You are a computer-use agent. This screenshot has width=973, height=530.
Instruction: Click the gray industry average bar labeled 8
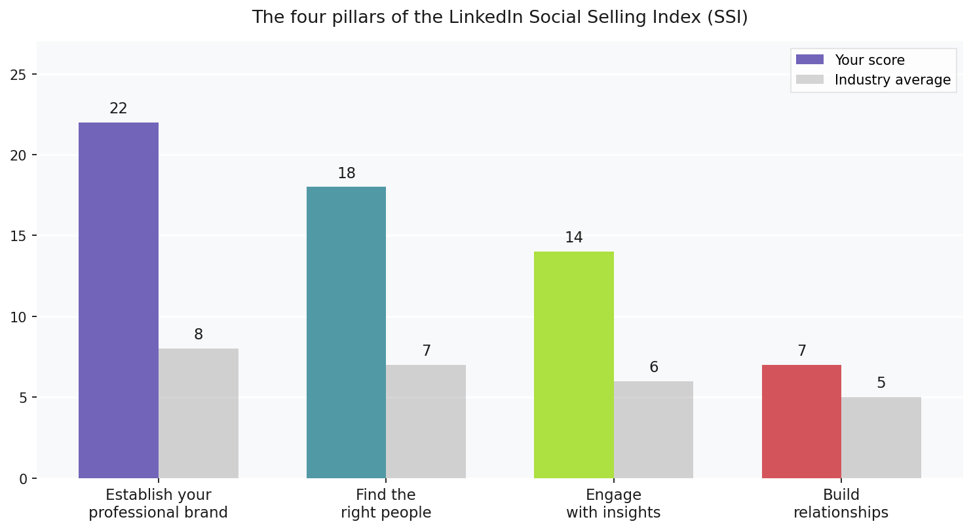199,413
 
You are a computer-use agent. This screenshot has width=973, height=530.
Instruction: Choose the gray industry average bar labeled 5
881,438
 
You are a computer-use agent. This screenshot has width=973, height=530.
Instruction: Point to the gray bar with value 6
653,429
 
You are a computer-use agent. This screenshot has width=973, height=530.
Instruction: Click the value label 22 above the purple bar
119,109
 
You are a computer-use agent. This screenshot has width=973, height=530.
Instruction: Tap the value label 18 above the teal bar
346,174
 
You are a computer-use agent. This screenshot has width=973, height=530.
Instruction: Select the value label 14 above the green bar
574,238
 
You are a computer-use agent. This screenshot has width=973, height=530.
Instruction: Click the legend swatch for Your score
809,60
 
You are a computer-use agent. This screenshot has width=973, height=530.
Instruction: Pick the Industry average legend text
892,80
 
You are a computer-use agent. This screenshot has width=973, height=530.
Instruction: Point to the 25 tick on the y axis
18,75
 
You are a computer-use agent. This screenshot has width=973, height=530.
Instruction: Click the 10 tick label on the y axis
18,317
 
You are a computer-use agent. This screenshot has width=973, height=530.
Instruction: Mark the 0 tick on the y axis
22,479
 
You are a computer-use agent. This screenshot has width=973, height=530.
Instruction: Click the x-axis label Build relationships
841,504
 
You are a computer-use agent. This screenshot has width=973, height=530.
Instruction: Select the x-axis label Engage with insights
613,504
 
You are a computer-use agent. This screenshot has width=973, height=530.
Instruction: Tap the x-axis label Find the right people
386,504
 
